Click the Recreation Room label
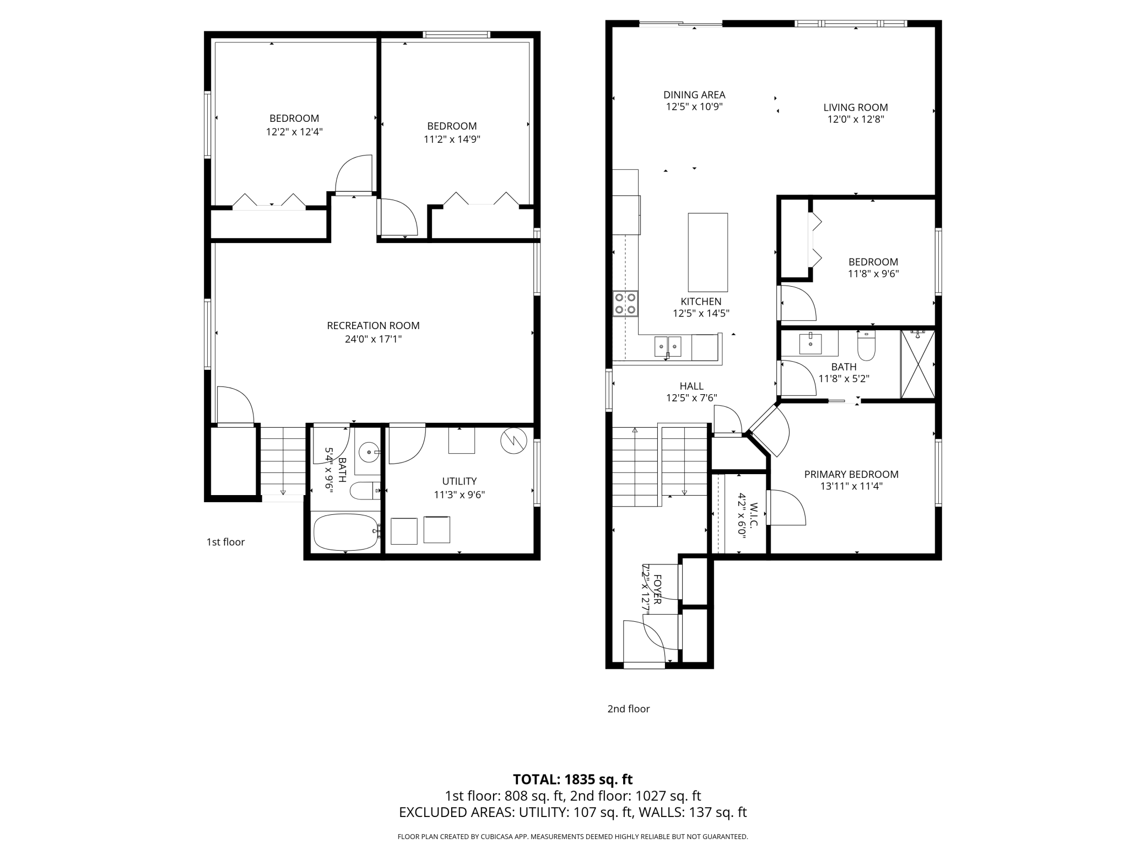373,326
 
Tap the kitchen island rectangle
708,252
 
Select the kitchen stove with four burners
625,303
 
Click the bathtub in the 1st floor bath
346,532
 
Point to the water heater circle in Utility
513,441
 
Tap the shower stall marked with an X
917,364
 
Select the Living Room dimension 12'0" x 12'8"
856,119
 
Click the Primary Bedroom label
851,474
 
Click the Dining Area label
694,95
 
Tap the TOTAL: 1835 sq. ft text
573,780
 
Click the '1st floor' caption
225,542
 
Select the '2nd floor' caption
629,709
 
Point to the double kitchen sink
668,347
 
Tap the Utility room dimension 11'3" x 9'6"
460,495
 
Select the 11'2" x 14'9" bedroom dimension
452,139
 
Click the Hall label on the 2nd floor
691,386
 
